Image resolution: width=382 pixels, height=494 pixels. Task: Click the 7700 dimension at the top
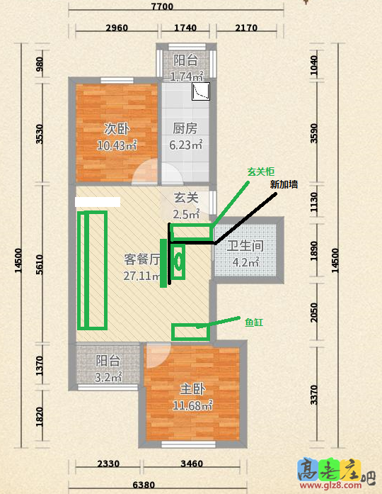pyautogui.click(x=162, y=6)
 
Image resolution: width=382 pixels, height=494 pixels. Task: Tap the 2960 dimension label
pyautogui.click(x=117, y=28)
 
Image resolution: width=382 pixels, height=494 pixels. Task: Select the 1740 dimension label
pyautogui.click(x=185, y=28)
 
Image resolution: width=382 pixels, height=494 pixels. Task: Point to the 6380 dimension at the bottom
pyautogui.click(x=144, y=485)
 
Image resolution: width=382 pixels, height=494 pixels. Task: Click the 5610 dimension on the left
pyautogui.click(x=40, y=264)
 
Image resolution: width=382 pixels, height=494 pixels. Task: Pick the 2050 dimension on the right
pyautogui.click(x=314, y=313)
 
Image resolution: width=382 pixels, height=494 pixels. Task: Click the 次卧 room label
pyautogui.click(x=117, y=129)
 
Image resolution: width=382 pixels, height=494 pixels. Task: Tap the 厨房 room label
pyautogui.click(x=185, y=128)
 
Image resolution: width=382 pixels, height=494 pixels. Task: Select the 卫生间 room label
pyautogui.click(x=245, y=246)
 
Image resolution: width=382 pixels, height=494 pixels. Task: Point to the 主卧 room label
pyautogui.click(x=192, y=389)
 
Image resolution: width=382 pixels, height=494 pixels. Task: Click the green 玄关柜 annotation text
pyautogui.click(x=260, y=172)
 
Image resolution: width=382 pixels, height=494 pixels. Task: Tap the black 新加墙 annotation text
pyautogui.click(x=284, y=184)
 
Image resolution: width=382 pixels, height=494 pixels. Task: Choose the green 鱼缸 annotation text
pyautogui.click(x=254, y=322)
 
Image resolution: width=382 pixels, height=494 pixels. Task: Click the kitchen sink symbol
pyautogui.click(x=201, y=91)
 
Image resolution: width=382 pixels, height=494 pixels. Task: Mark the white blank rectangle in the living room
pyautogui.click(x=98, y=202)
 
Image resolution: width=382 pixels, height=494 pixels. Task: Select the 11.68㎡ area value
pyautogui.click(x=192, y=405)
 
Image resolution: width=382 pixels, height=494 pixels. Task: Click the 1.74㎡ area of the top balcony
pyautogui.click(x=187, y=77)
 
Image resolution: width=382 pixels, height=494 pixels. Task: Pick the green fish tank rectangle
pyautogui.click(x=190, y=332)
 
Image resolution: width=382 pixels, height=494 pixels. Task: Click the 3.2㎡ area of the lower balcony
pyautogui.click(x=108, y=377)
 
